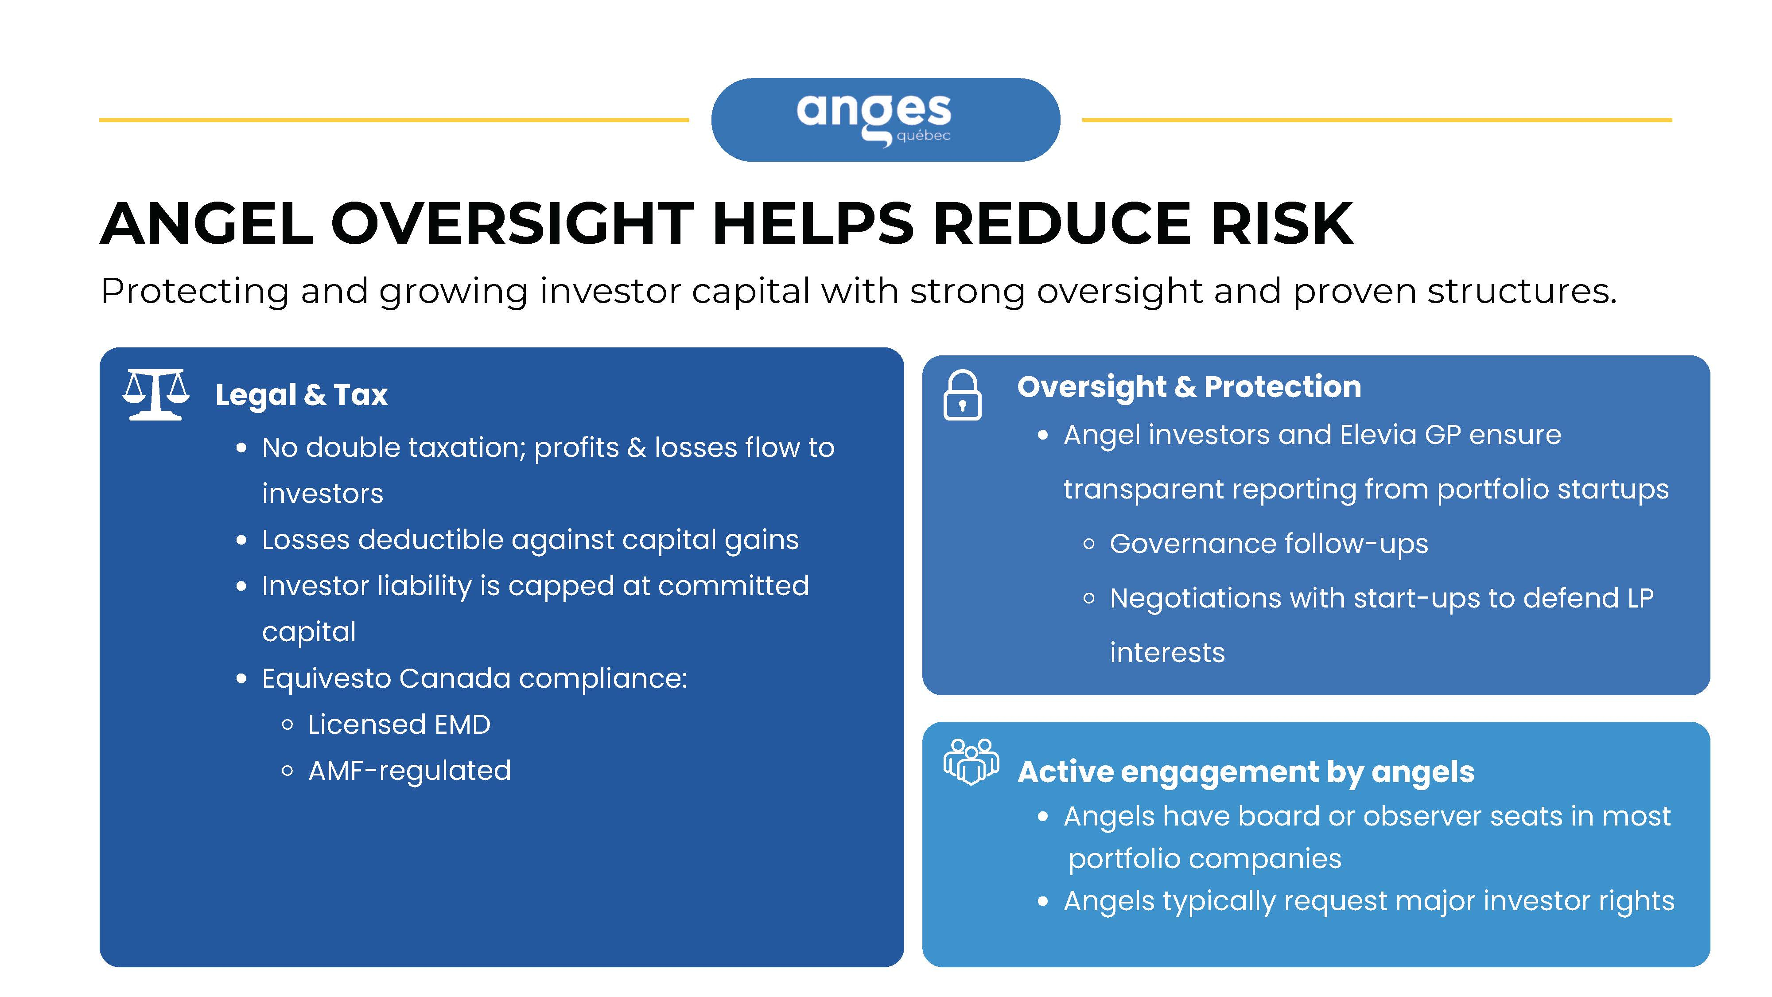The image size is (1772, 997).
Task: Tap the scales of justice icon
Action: (x=156, y=394)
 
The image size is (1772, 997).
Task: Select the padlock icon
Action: (x=962, y=395)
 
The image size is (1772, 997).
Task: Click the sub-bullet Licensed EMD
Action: (x=399, y=724)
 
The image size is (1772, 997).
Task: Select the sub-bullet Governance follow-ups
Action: (x=1269, y=544)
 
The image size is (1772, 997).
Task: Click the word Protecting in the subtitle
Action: (x=194, y=292)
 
